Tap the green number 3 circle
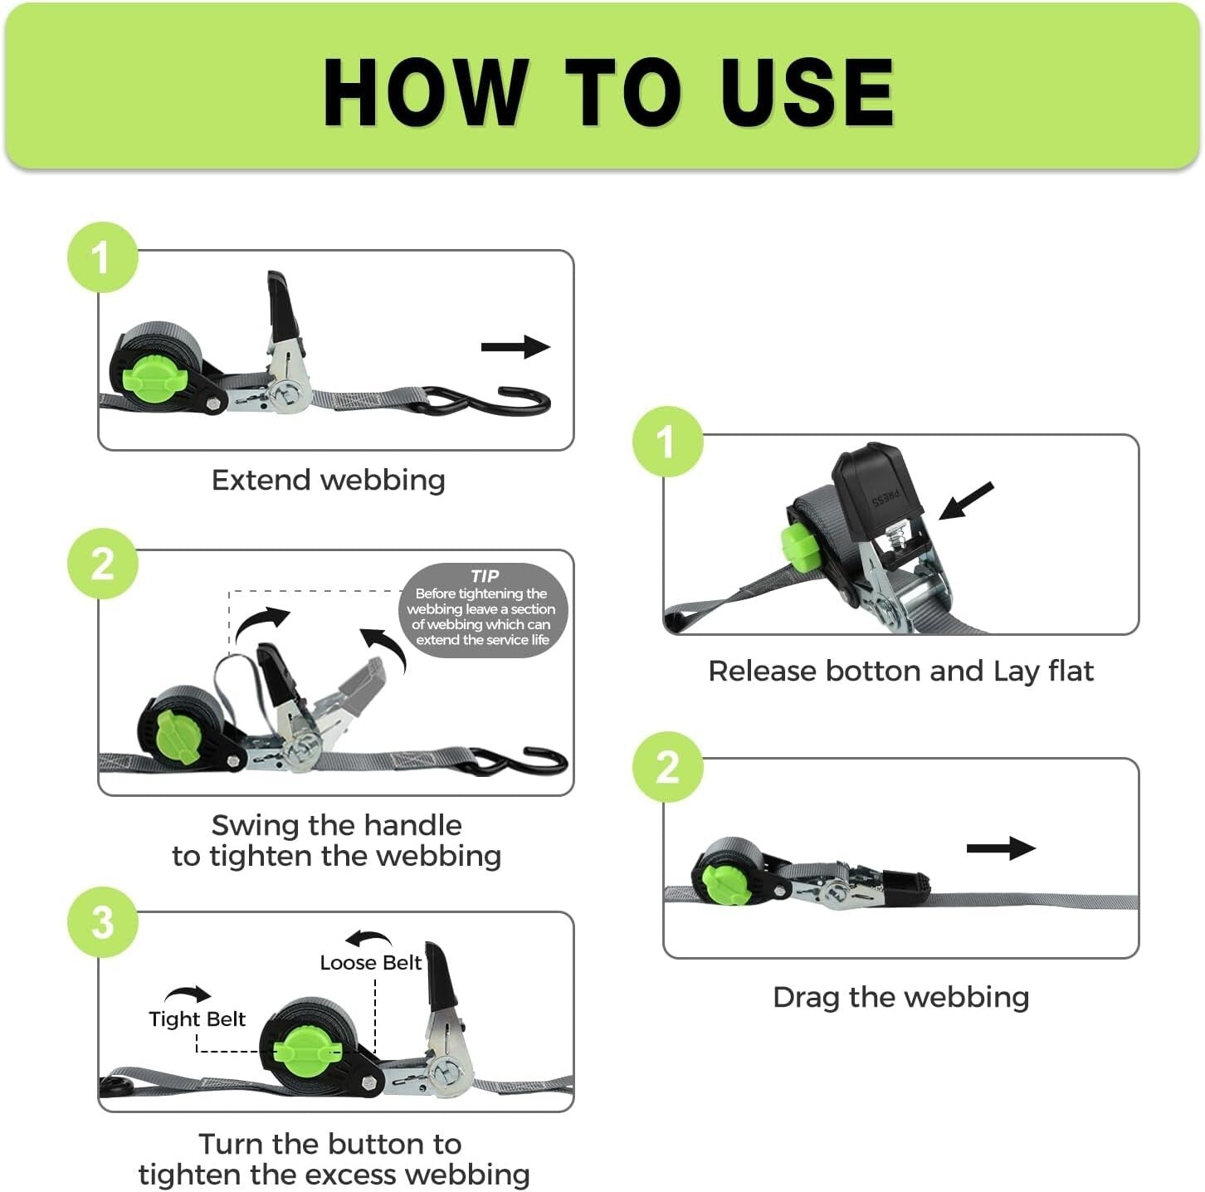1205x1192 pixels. (102, 922)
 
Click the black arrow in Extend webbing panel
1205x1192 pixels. (515, 347)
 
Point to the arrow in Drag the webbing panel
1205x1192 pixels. (1001, 848)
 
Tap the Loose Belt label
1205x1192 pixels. (371, 963)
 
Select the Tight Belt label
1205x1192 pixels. (197, 1019)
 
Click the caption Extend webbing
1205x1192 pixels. (329, 480)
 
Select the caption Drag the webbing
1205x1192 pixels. (900, 997)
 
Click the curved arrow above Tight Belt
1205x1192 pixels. (188, 994)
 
